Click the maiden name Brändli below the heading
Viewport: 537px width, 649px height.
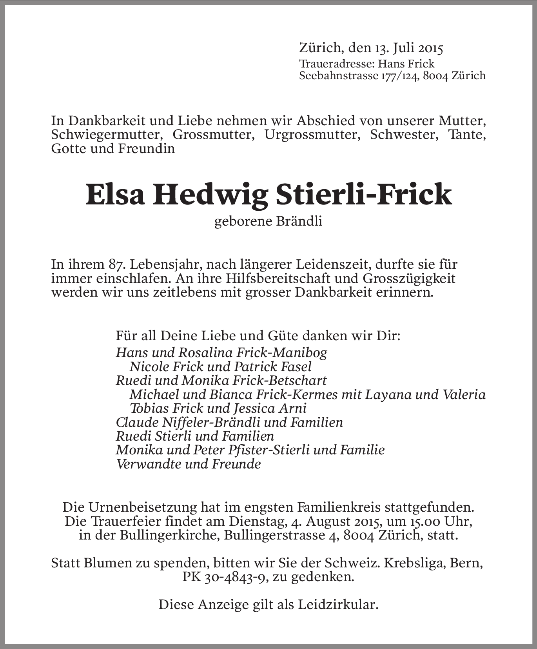coord(299,221)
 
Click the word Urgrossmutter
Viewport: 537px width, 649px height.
coord(312,135)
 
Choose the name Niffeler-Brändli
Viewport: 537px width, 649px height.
coord(187,422)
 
